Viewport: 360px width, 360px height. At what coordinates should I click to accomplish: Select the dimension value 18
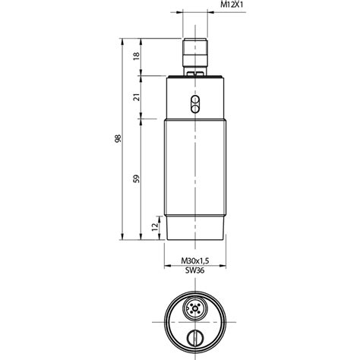136,55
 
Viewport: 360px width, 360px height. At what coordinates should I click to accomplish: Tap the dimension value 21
136,97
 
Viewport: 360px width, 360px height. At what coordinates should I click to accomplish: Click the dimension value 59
136,178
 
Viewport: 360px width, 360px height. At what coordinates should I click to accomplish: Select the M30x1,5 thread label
195,261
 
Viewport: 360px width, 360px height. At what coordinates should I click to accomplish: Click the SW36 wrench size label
195,270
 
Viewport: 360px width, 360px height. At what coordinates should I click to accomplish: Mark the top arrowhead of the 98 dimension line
123,39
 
